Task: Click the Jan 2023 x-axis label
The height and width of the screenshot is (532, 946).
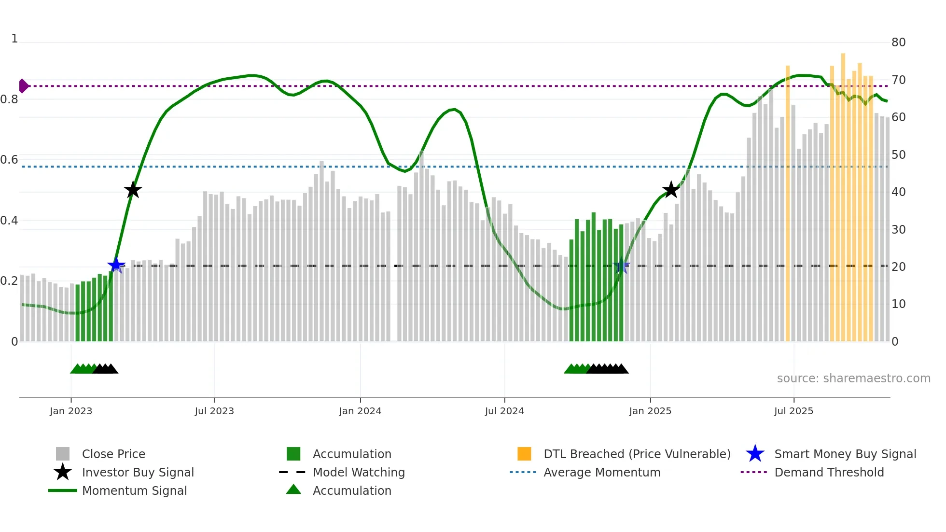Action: pos(70,411)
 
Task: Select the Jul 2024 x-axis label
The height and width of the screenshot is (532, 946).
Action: pos(504,411)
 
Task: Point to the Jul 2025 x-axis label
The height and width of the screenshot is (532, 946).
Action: pos(793,411)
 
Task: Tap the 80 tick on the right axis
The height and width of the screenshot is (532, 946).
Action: pos(898,42)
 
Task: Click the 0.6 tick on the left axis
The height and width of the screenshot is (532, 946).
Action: pos(9,160)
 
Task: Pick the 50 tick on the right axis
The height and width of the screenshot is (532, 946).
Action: pos(898,155)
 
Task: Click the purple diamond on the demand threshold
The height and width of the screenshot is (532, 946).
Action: pos(23,86)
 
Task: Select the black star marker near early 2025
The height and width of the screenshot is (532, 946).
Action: pos(671,190)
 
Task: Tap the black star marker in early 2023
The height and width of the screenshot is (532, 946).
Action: pos(133,190)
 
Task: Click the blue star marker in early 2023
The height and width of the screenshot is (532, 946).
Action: pos(116,265)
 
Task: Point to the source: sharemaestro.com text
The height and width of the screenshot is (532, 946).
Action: pos(853,378)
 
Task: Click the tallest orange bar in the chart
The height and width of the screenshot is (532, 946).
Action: pos(843,193)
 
